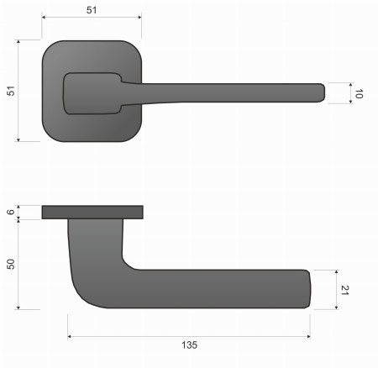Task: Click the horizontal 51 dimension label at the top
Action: [92, 10]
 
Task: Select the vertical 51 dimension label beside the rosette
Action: [11, 90]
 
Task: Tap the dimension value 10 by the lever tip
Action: [359, 94]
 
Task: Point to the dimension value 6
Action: [11, 213]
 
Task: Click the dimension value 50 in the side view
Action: [11, 264]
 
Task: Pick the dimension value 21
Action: [344, 290]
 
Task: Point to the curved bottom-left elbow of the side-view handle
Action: [84, 294]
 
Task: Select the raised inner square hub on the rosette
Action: [91, 92]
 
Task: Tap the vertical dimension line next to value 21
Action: [335, 289]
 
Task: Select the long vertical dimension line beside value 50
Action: [20, 263]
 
